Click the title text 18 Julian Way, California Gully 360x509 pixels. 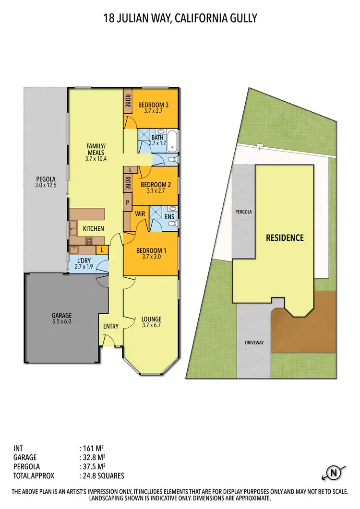[x=180, y=19]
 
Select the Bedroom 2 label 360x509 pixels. [x=153, y=184]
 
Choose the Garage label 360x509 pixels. [x=61, y=316]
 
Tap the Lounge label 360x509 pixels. [x=151, y=319]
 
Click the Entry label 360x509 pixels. [x=111, y=327]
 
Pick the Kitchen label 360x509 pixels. [x=94, y=228]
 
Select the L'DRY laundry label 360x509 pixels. [x=84, y=261]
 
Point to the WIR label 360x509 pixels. [x=140, y=213]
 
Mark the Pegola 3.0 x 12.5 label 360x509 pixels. [x=46, y=182]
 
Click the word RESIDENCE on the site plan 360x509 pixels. [x=285, y=237]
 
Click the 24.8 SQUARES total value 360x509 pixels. [x=103, y=476]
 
